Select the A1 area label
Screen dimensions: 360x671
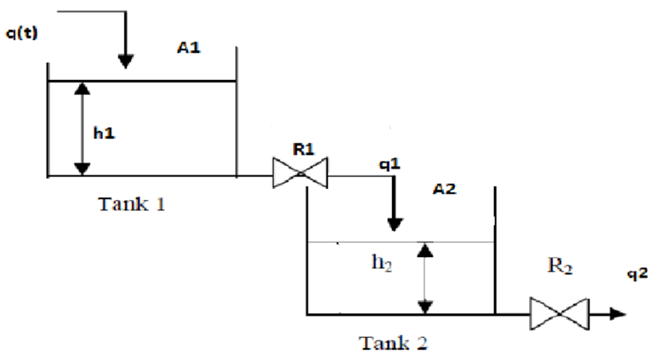tap(188, 49)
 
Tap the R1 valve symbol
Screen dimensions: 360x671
tap(299, 175)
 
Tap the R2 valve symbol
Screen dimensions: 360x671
tap(559, 314)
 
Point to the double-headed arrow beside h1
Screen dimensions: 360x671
tap(81, 129)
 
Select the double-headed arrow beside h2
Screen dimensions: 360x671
tap(426, 277)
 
